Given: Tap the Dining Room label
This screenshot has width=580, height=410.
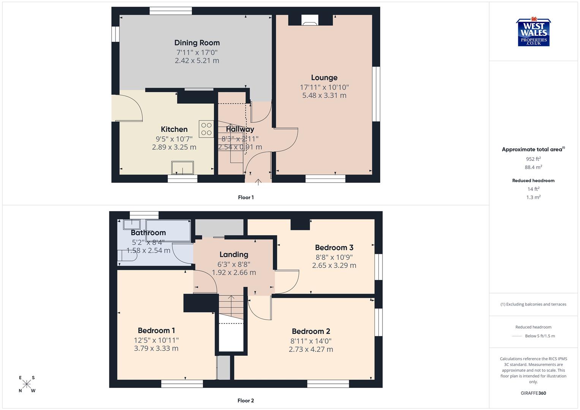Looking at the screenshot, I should (x=197, y=43).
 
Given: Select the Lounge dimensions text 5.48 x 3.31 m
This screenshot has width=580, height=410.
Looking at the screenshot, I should (x=324, y=96).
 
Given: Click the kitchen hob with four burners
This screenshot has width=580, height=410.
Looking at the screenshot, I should (x=206, y=129).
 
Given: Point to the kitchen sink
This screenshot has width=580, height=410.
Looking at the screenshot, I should (x=182, y=167).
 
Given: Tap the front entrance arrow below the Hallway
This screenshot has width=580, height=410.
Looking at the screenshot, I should (x=258, y=182).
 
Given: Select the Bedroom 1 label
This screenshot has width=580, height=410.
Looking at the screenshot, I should (x=156, y=331).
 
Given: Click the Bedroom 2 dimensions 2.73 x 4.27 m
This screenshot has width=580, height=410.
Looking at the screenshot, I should (x=311, y=350).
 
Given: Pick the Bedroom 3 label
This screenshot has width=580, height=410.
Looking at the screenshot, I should (x=334, y=248).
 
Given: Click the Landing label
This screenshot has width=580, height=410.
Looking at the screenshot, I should (x=234, y=255).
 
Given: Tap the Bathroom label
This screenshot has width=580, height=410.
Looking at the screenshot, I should (x=148, y=233).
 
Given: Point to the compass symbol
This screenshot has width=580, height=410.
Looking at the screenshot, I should (x=27, y=384).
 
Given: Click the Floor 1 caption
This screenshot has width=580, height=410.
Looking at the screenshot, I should (x=246, y=197).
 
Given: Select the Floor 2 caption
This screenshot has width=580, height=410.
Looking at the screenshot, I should (x=246, y=401).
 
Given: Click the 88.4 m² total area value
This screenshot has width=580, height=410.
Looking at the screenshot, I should (x=533, y=167).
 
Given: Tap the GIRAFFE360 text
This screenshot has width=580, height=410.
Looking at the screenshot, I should (x=533, y=393).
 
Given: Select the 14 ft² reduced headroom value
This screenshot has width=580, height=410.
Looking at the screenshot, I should (x=533, y=189).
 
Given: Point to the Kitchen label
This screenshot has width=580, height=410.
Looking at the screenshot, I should (x=174, y=129).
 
